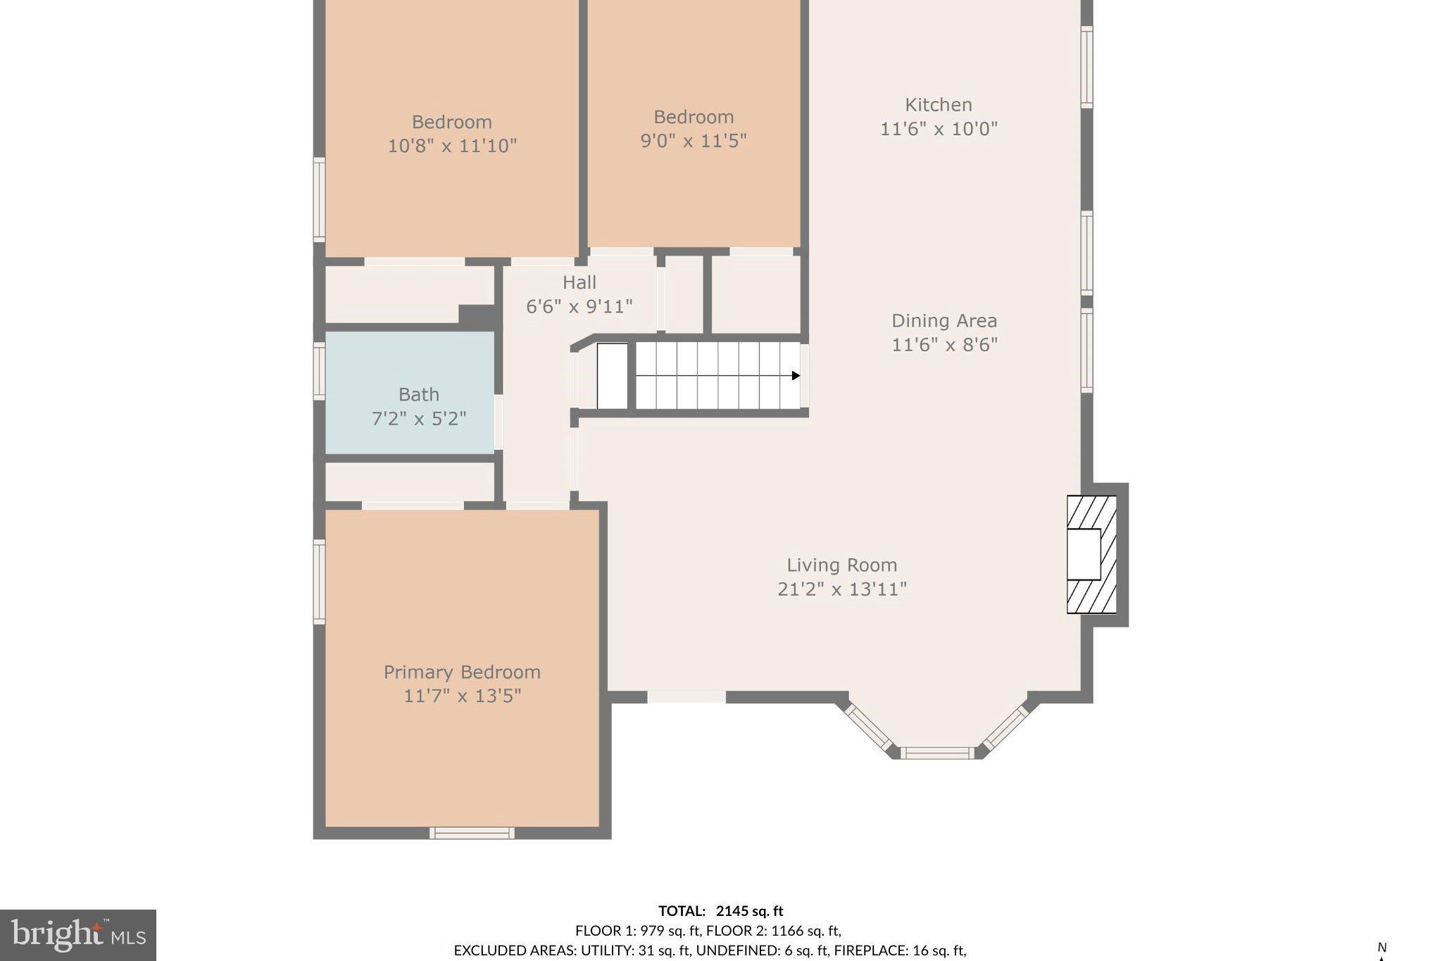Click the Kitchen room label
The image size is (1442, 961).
tap(939, 105)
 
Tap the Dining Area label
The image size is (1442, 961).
tap(944, 321)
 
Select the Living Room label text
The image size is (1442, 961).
tap(841, 565)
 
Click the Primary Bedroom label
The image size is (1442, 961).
tap(462, 672)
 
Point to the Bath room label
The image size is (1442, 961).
tap(419, 394)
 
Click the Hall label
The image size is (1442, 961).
tap(579, 282)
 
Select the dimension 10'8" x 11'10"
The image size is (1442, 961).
tap(452, 146)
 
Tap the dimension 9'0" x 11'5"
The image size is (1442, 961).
tap(694, 141)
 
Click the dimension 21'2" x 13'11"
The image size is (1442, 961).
tap(842, 589)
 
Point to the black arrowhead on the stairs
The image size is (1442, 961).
tap(796, 376)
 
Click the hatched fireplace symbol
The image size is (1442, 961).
tap(1091, 555)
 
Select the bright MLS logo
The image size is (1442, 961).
tap(78, 936)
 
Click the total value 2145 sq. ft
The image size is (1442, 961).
tap(750, 911)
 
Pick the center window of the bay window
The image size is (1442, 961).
tap(937, 753)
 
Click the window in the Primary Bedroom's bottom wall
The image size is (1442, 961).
tap(472, 833)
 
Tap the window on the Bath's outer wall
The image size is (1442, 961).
tap(319, 370)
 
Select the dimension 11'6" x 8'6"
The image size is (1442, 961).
tap(945, 345)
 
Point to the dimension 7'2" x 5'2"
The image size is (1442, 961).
tap(419, 419)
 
